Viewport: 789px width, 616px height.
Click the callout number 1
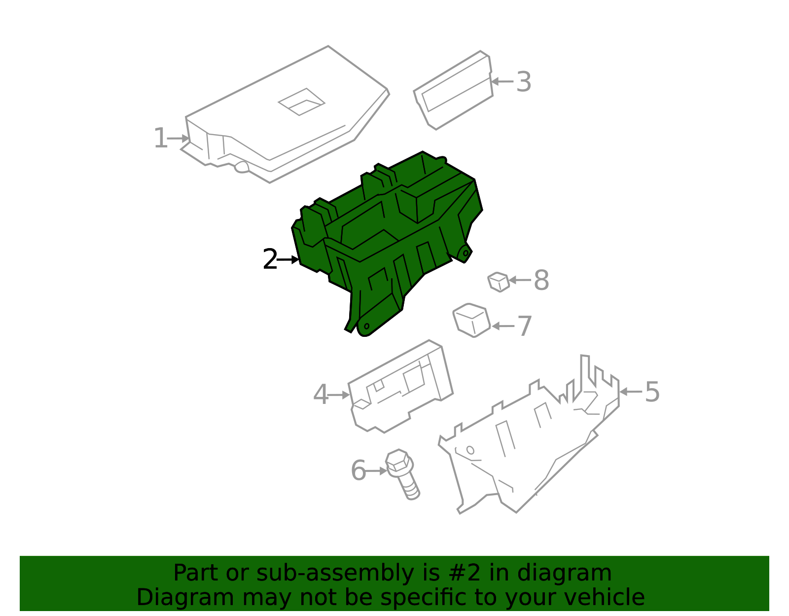click(x=160, y=138)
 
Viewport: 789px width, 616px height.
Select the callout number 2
click(x=270, y=259)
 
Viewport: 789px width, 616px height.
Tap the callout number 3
click(x=524, y=82)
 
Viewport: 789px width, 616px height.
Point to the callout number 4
click(x=321, y=395)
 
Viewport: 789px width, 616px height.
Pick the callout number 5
click(x=652, y=392)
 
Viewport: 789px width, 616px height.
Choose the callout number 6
click(x=359, y=471)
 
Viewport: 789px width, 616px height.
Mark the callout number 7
click(x=524, y=326)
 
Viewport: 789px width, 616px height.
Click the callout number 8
click(x=541, y=280)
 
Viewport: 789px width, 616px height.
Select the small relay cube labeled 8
click(x=499, y=282)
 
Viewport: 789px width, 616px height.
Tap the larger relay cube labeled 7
click(x=471, y=320)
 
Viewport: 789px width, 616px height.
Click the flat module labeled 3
click(x=454, y=90)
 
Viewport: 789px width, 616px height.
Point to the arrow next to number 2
click(x=288, y=259)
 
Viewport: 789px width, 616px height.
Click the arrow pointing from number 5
click(x=631, y=392)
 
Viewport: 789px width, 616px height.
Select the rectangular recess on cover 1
click(x=301, y=102)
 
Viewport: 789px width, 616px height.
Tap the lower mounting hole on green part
click(x=367, y=326)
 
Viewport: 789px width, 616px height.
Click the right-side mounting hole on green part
click(x=466, y=253)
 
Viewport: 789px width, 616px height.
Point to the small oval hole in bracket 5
click(x=470, y=450)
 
